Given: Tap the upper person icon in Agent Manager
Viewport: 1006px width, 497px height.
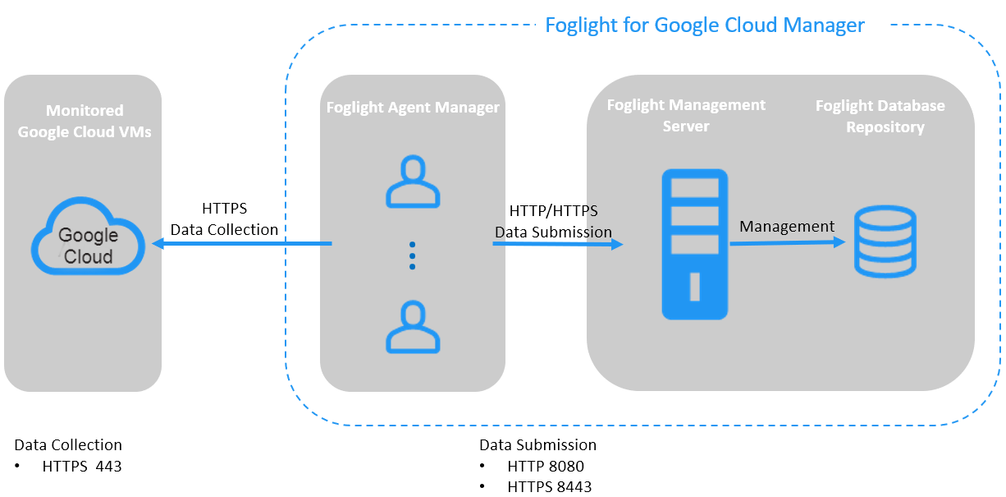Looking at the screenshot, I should coord(413,182).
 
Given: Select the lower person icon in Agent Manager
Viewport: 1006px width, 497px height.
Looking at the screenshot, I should coord(413,327).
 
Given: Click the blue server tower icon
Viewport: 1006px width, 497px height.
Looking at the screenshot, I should coord(695,244).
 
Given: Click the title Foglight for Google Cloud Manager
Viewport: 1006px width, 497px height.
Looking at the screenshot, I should coord(704,25).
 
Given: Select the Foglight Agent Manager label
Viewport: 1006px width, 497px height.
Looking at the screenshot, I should coord(413,108).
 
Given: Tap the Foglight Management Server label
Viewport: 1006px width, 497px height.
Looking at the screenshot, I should coord(686,115).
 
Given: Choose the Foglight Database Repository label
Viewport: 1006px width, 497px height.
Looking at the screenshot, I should coord(880,116).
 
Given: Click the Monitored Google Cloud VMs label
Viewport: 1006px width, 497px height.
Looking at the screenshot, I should coord(85,121).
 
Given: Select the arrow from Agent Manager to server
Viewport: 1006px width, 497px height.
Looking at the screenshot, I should coord(558,244).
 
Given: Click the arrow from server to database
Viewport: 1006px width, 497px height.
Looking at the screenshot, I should coord(788,242).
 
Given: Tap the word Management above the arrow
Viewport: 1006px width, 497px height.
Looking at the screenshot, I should coord(787,226).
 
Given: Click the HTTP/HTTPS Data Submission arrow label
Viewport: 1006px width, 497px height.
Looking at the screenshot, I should coord(553,222).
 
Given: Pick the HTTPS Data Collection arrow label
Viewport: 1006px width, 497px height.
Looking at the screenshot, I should coord(224,219).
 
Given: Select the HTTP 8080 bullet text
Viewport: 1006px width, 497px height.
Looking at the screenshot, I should coord(545,467).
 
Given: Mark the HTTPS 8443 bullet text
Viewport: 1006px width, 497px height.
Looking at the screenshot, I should coord(549,486).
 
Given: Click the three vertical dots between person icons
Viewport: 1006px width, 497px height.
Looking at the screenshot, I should coord(413,255).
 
